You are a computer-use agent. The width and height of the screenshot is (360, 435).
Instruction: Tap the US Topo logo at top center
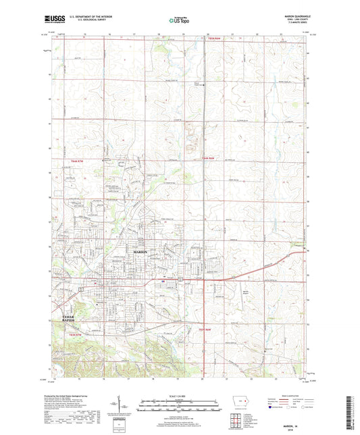(x=178, y=20)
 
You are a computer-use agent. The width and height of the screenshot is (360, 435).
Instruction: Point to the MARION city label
(x=140, y=251)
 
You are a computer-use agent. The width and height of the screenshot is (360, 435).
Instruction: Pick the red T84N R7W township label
(x=78, y=162)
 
